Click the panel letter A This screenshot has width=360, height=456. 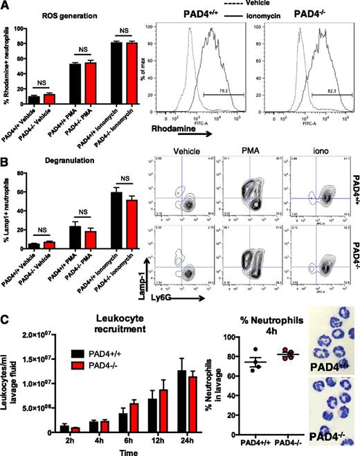pyautogui.click(x=6, y=6)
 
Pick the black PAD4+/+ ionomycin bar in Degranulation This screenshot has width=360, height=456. pyautogui.click(x=106, y=212)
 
